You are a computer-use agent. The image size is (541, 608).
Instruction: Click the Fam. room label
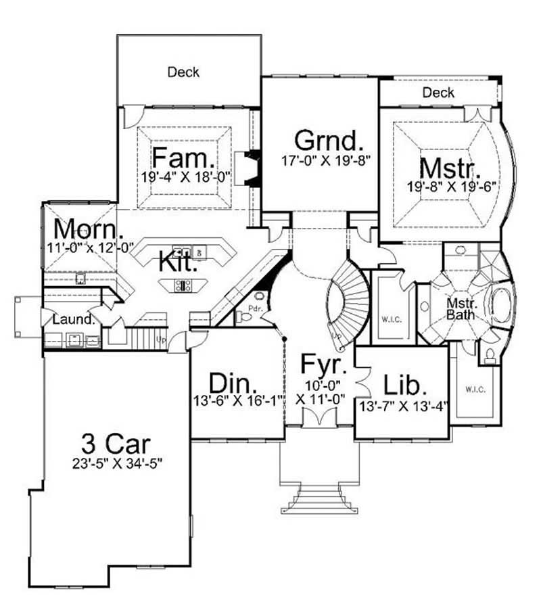coord(183,158)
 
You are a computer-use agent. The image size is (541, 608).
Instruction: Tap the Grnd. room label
coord(329,141)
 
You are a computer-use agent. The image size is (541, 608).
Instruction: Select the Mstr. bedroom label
coord(450,167)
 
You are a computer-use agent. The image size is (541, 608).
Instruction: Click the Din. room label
coord(232,383)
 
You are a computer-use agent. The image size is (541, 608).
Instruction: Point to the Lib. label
coord(405,384)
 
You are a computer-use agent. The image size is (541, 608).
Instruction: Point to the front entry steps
coord(319,500)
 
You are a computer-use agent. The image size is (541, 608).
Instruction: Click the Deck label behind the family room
coord(184,71)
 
